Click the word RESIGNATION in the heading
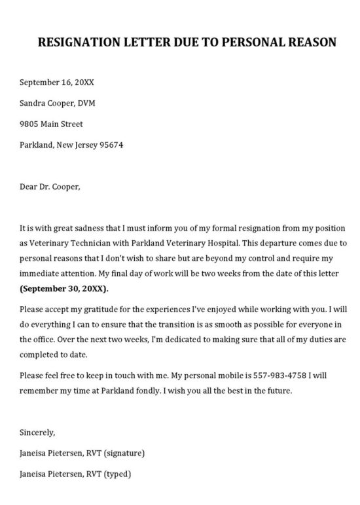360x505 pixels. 79,43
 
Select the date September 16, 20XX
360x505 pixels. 56,82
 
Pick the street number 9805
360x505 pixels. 30,124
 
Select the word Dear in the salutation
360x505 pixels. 29,186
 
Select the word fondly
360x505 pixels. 148,391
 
